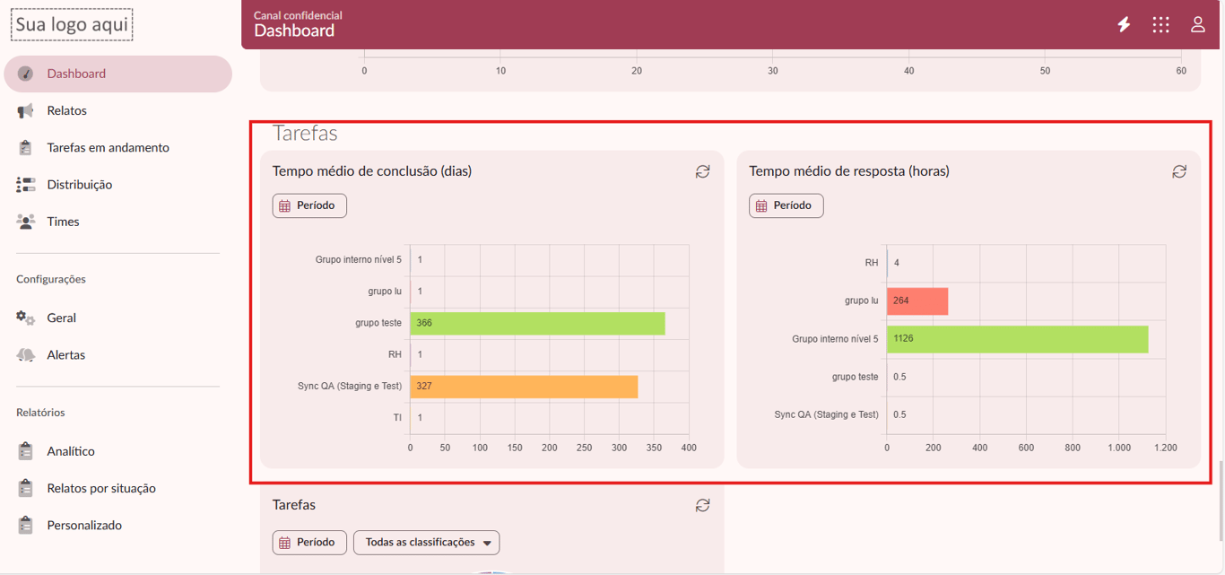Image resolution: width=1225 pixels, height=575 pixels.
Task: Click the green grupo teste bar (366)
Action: tap(537, 323)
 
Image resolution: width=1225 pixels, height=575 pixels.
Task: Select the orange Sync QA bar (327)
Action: tap(524, 387)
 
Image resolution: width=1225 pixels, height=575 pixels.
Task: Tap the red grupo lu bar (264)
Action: tap(917, 301)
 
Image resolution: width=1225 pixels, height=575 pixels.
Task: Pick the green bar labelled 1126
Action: tap(1017, 339)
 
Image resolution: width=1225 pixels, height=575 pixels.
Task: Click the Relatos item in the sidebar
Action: tap(66, 111)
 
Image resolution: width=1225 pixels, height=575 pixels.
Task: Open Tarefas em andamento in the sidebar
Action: tap(108, 148)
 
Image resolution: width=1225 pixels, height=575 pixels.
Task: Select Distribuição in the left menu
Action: tap(79, 185)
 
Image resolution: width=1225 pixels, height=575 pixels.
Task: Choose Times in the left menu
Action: tap(63, 222)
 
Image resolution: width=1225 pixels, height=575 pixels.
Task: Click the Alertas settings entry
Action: tap(65, 355)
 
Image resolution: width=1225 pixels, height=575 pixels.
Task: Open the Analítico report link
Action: tap(70, 451)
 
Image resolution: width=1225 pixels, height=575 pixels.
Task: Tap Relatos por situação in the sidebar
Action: tap(100, 489)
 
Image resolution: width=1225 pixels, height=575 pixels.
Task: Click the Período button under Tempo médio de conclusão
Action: tap(309, 205)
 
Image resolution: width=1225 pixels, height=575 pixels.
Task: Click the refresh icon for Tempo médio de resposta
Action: tap(1179, 171)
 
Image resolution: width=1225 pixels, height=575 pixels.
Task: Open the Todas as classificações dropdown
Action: tap(427, 543)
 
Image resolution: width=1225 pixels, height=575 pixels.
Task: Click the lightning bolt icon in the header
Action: tap(1124, 24)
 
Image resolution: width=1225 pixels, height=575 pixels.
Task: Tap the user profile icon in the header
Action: tap(1198, 24)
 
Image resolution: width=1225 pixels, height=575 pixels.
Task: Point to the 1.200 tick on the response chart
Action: tap(1165, 448)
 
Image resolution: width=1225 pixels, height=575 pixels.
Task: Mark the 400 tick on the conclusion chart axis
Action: tap(689, 448)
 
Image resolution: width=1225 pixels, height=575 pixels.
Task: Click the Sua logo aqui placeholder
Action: tap(72, 25)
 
